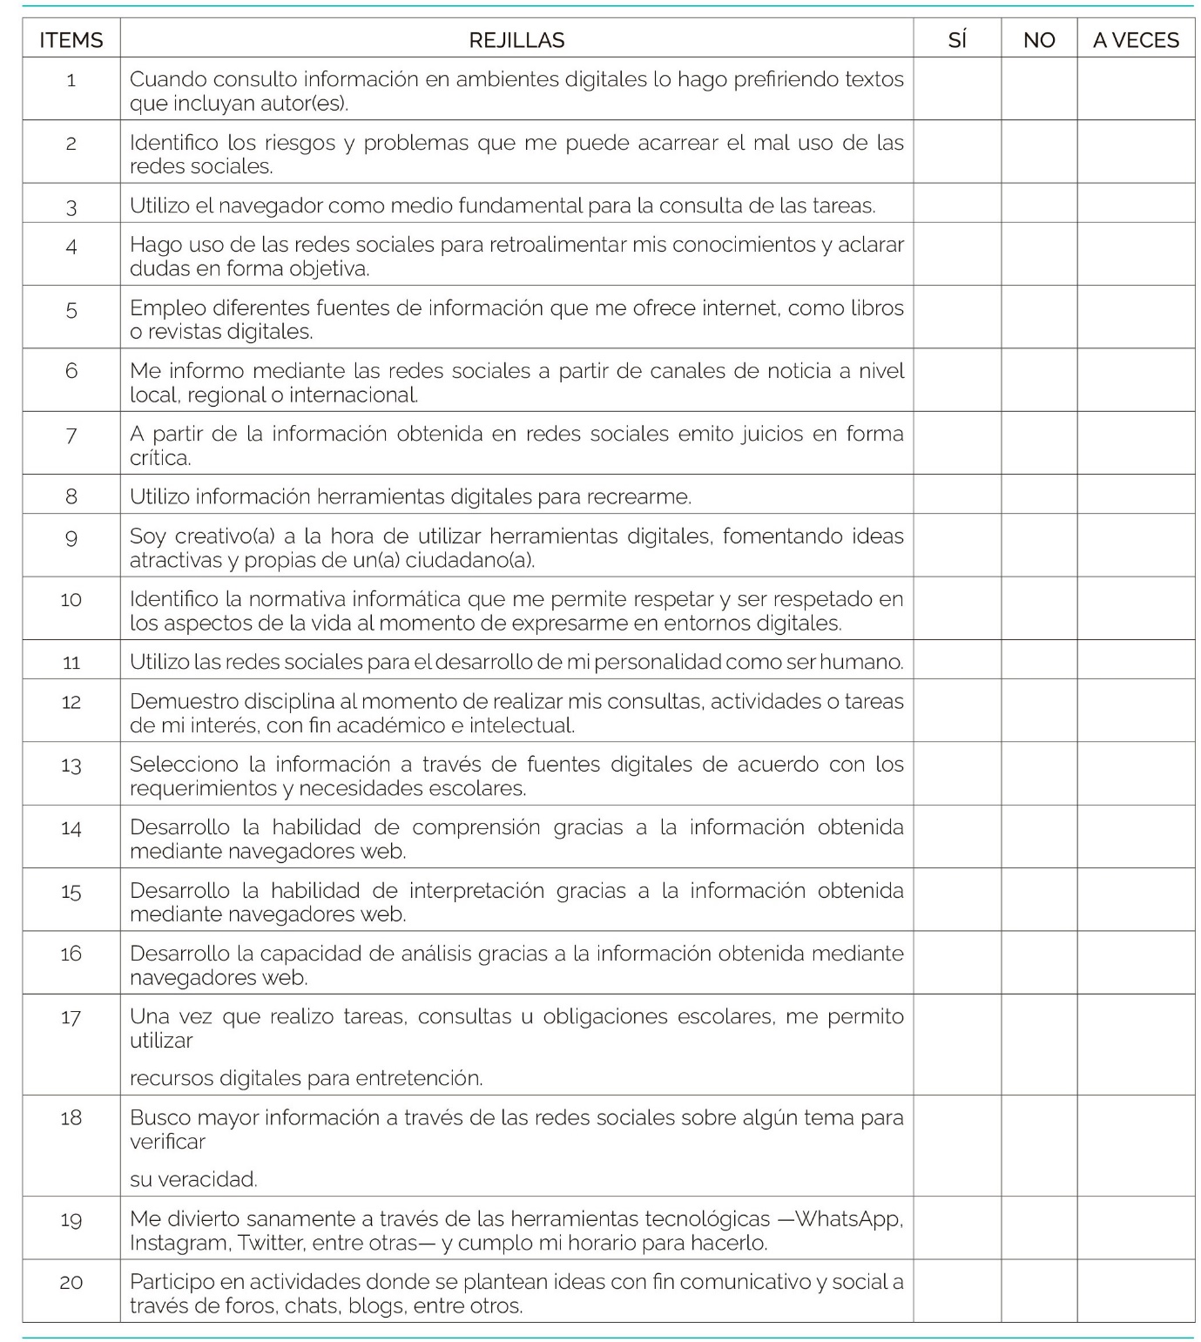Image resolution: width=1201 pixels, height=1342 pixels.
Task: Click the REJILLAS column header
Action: tap(516, 40)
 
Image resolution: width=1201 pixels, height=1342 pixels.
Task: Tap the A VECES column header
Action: tap(1136, 40)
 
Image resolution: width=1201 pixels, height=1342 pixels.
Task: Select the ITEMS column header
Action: tap(71, 40)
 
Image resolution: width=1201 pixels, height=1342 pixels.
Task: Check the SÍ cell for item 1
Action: tap(956, 90)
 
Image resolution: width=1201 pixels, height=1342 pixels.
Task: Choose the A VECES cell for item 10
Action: tap(1136, 610)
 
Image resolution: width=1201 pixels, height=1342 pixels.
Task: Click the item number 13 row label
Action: tap(71, 765)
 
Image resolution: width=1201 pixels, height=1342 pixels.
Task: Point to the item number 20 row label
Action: tap(71, 1282)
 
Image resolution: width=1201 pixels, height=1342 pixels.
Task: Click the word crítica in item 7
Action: tap(159, 458)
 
